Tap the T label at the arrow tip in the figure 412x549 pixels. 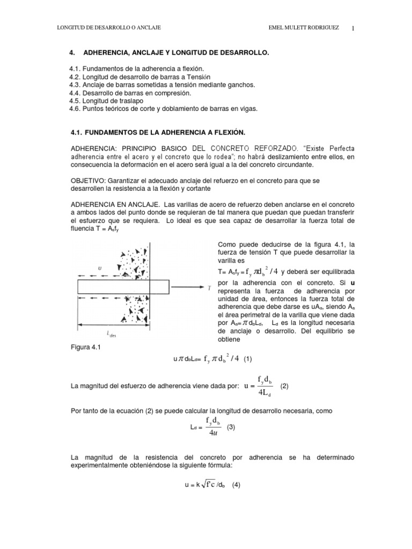(208, 287)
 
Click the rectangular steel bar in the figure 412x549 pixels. (115, 287)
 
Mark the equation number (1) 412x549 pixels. (247, 360)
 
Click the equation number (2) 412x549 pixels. (284, 385)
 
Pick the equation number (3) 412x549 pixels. (231, 427)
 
